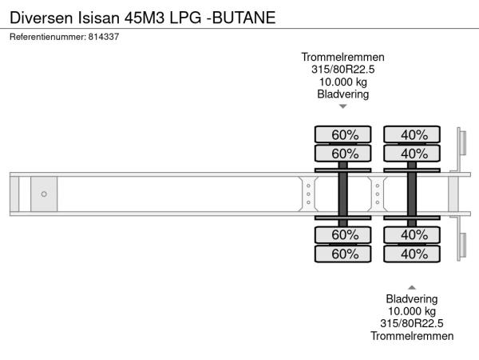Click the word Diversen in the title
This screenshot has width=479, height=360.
click(x=42, y=18)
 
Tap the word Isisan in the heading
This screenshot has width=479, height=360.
click(x=99, y=18)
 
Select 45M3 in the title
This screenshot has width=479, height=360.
click(x=144, y=18)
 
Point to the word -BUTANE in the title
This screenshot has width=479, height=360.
click(x=241, y=18)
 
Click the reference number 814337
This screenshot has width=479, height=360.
click(x=104, y=37)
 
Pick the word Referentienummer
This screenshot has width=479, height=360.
click(x=48, y=37)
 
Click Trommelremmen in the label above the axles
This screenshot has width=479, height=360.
click(x=342, y=58)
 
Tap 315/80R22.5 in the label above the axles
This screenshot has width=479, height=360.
click(x=342, y=70)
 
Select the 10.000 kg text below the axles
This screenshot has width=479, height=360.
click(x=412, y=311)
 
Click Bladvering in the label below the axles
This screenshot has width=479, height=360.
click(x=412, y=299)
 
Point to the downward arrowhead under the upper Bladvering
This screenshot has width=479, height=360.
click(x=343, y=106)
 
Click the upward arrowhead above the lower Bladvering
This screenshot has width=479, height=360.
click(x=412, y=287)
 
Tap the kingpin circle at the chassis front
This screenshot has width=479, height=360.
click(x=44, y=194)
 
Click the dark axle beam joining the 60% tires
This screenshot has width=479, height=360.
click(x=343, y=194)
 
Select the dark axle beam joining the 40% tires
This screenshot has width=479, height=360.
click(x=412, y=194)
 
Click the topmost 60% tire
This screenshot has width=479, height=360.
click(x=343, y=134)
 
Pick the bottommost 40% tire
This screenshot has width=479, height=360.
click(x=412, y=254)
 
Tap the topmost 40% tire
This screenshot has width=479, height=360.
click(x=412, y=134)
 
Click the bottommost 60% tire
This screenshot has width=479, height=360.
click(x=343, y=254)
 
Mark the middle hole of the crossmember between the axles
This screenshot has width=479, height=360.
click(x=378, y=194)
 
